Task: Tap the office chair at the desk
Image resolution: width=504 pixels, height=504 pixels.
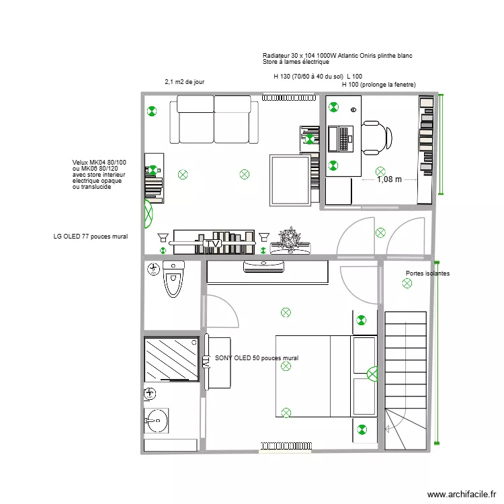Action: [x=376, y=136]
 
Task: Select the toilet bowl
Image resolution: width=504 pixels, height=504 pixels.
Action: [x=173, y=281]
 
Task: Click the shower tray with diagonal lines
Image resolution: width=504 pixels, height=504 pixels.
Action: [x=171, y=359]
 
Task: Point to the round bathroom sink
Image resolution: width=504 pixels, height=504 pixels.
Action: [x=156, y=422]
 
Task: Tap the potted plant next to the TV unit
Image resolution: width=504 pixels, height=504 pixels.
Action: [x=290, y=239]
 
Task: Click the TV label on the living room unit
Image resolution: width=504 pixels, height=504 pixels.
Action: [x=214, y=243]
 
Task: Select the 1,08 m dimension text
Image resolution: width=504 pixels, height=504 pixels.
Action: [x=389, y=179]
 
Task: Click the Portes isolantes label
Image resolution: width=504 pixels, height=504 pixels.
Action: [x=427, y=274]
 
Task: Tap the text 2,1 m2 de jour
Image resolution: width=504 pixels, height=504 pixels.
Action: [x=184, y=82]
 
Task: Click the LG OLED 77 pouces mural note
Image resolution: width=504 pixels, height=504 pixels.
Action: [x=90, y=237]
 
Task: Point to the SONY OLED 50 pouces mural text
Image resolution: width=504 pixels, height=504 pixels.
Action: [x=256, y=358]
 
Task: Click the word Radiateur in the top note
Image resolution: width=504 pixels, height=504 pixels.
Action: [x=276, y=55]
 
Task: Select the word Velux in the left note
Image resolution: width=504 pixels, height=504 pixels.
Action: [x=81, y=163]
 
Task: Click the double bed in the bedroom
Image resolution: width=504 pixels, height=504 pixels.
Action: [x=312, y=376]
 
